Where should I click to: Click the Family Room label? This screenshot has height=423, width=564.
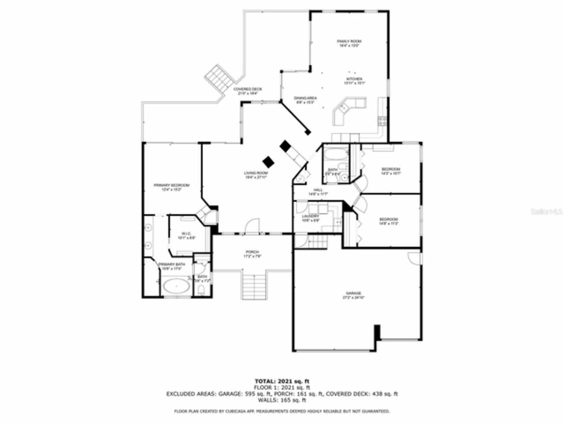tap(350, 41)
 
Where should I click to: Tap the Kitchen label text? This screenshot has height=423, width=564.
tap(355, 79)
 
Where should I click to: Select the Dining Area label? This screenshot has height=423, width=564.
tap(305, 98)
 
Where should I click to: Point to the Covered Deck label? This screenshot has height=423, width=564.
tap(248, 89)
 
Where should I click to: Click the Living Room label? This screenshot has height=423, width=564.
tap(256, 173)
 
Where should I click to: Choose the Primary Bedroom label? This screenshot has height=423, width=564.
tap(171, 185)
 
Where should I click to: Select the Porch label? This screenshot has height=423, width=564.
tap(252, 252)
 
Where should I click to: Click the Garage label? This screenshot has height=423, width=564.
tap(353, 293)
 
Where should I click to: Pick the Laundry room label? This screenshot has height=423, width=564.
tap(310, 216)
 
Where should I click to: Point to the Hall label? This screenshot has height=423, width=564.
tap(318, 190)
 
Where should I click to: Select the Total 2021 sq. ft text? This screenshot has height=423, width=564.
tap(284, 381)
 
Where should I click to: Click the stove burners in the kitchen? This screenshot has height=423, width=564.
tap(382, 121)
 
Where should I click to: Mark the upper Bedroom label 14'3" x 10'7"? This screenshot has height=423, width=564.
tap(390, 170)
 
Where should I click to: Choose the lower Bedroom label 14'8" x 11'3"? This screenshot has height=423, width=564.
tap(389, 219)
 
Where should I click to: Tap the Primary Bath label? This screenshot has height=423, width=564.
tap(171, 264)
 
